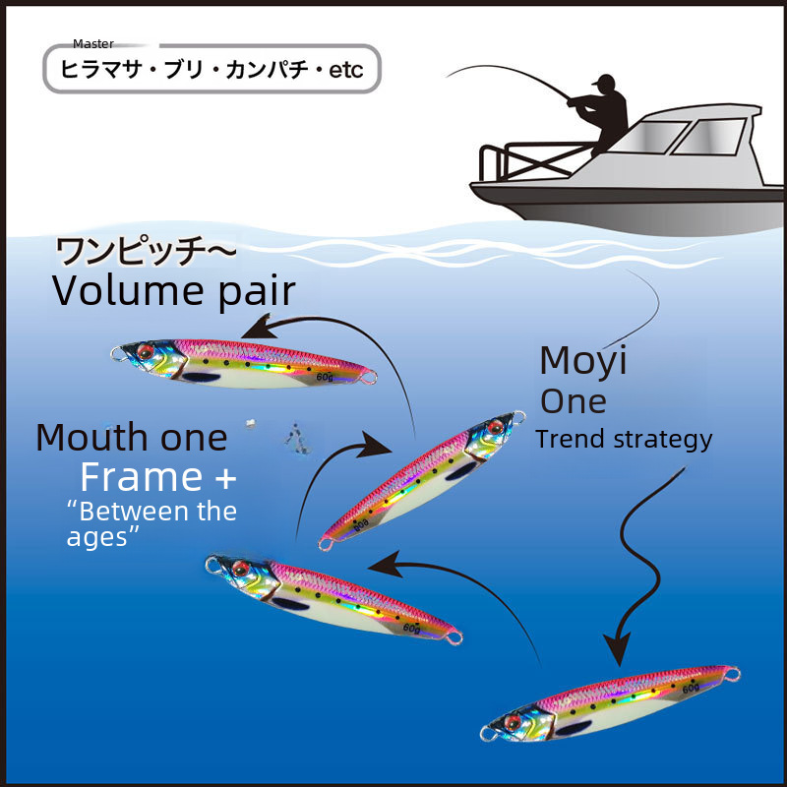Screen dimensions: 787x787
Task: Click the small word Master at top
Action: [93, 44]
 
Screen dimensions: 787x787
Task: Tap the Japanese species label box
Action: [212, 71]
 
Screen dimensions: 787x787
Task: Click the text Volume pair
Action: [173, 291]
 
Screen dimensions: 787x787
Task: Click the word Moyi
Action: [583, 361]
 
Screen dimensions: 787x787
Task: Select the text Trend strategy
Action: [624, 439]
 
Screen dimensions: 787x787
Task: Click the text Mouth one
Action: [131, 437]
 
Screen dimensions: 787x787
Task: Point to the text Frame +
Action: [158, 478]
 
